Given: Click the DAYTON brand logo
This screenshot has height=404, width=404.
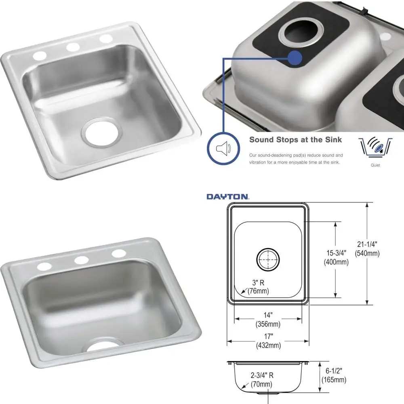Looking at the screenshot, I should coord(227,197).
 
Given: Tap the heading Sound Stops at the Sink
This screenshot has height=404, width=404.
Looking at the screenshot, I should coord(295,140).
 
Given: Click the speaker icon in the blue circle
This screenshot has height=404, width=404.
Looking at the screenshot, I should coord(223,149).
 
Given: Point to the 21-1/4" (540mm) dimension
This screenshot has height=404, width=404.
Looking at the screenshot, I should coord(367,249).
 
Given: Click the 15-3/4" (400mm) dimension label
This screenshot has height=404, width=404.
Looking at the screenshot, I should coord(336,257).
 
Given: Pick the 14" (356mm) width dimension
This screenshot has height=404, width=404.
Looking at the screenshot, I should coord(268,320).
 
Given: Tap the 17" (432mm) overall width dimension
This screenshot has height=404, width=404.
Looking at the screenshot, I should coord(268,341).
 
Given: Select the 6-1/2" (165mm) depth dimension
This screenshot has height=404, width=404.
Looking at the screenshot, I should coord(334,376).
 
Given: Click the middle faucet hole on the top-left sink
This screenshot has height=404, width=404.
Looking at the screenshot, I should coord(73,46).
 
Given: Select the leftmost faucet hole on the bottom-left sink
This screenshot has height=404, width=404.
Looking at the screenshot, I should coord(44,266).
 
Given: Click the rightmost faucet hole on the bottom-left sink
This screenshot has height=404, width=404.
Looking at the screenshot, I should coord(119,253).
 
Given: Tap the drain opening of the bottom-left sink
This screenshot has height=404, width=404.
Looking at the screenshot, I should coord(101,345).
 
